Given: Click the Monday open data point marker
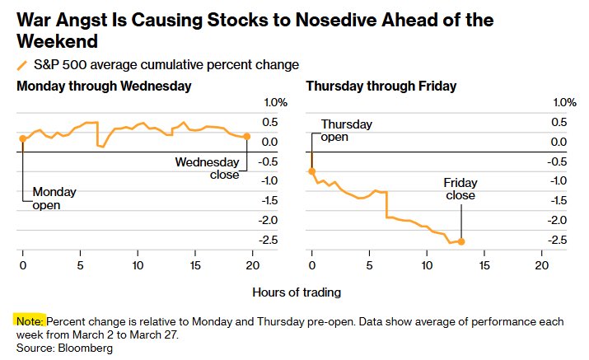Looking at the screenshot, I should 22,139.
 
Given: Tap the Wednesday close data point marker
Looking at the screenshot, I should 247,137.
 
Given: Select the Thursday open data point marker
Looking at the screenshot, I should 311,171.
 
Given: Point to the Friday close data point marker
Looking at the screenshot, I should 461,241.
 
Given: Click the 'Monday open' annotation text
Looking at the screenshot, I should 54,199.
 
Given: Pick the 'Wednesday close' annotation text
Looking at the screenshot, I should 207,168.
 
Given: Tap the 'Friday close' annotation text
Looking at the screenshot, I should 460,189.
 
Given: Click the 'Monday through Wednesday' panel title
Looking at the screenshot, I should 104,86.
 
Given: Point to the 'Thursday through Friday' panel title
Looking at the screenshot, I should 381,86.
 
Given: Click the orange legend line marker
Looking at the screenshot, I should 21,65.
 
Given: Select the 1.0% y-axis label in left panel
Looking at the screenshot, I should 274,102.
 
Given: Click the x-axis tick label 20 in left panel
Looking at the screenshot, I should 252,265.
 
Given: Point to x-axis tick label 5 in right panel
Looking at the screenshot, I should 369,265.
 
